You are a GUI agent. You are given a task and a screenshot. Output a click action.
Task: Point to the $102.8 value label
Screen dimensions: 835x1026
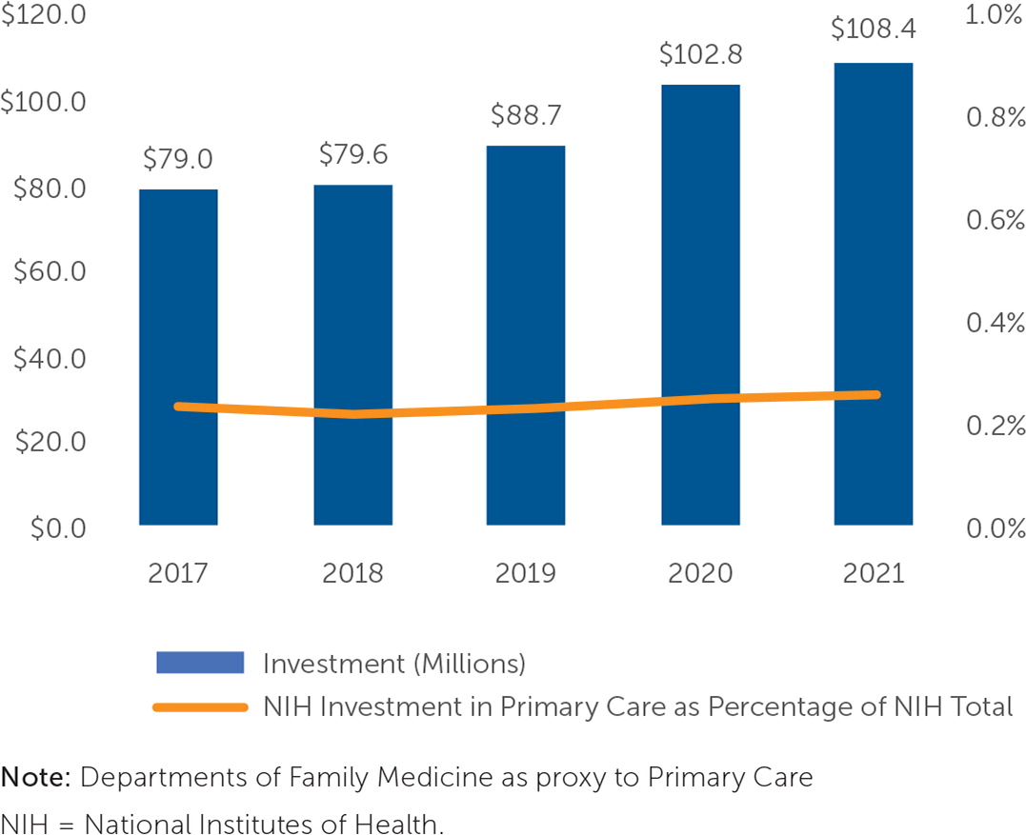coord(699,54)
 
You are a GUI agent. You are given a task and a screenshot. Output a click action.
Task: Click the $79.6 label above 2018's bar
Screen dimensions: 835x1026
coord(352,154)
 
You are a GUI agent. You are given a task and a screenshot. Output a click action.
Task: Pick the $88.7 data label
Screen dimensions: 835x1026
coord(525,115)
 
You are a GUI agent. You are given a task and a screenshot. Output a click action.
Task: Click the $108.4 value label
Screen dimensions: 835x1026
coord(873,30)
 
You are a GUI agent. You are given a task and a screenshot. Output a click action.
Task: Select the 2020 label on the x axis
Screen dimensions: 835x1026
coord(699,574)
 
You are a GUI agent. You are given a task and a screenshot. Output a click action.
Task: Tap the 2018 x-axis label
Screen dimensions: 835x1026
coord(352,574)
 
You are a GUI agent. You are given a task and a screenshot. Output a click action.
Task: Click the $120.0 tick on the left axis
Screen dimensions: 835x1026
coord(44,16)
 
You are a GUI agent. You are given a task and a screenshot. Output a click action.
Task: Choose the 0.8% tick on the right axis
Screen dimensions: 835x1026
coord(995,117)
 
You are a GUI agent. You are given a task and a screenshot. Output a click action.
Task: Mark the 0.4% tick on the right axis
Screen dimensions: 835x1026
coord(995,323)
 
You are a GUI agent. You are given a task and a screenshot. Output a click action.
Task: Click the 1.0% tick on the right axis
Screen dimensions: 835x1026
coord(995,16)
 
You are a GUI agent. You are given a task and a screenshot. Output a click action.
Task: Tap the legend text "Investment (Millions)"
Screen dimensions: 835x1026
coord(393,663)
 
